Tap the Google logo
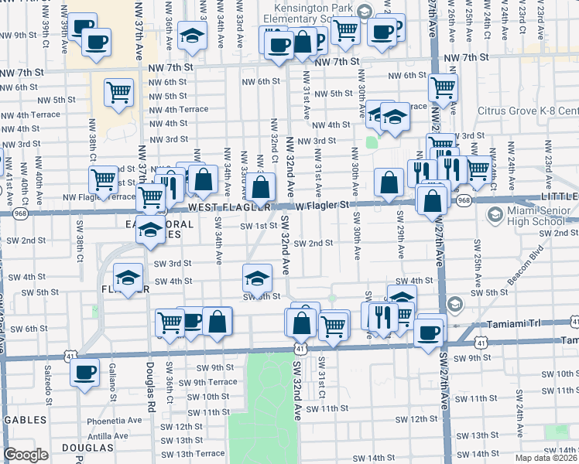(x=26, y=455)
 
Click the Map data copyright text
(x=546, y=458)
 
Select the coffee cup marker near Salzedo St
(x=84, y=372)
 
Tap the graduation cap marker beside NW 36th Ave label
(x=191, y=36)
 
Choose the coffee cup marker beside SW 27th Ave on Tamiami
(x=428, y=333)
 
